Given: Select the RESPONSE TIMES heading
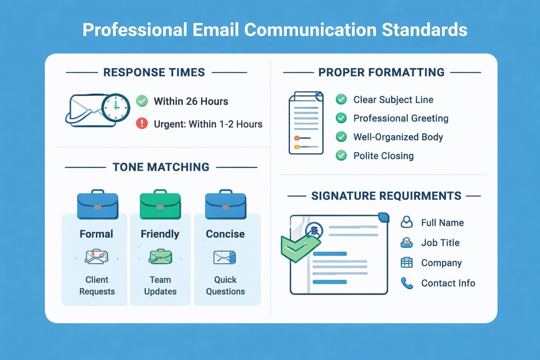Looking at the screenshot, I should tap(154, 72).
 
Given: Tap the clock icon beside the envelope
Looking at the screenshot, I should tap(116, 107).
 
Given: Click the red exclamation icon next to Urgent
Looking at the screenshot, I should tap(142, 124).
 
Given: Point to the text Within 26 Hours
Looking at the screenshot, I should tap(191, 101).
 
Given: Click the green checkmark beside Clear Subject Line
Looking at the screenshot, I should tap(342, 99).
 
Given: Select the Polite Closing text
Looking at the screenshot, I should tap(383, 156).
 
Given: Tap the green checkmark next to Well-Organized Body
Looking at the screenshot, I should tap(342, 137).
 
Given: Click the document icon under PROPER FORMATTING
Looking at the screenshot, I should tap(306, 123).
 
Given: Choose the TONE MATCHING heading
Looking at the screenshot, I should tap(161, 167).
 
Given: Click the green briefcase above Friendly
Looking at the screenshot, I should tap(160, 206).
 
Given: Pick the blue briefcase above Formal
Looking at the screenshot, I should tap(98, 206).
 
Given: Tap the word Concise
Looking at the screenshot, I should tap(225, 234).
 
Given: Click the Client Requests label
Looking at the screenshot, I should tap(97, 285).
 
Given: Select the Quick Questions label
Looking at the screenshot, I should tap(225, 285).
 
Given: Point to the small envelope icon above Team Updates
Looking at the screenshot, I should tap(160, 257).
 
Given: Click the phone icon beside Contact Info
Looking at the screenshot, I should tap(407, 283).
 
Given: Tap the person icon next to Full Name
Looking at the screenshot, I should tap(407, 222).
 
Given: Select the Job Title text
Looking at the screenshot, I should tap(440, 243).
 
